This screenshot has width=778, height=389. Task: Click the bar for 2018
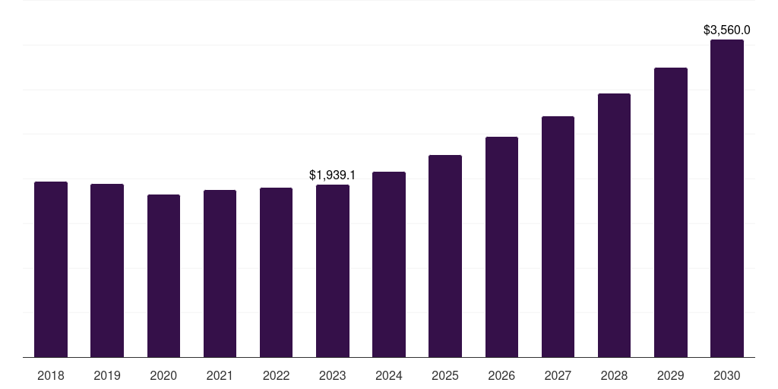pyautogui.click(x=51, y=270)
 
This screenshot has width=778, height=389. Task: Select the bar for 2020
pyautogui.click(x=163, y=276)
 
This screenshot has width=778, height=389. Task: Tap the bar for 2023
pyautogui.click(x=333, y=271)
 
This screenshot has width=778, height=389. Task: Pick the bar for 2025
pyautogui.click(x=445, y=256)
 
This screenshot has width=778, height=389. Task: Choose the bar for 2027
pyautogui.click(x=558, y=237)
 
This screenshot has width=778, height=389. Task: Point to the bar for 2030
pyautogui.click(x=727, y=198)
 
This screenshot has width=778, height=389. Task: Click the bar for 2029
pyautogui.click(x=671, y=213)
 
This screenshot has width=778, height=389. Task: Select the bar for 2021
pyautogui.click(x=220, y=274)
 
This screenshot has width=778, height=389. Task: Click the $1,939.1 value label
pyautogui.click(x=332, y=175)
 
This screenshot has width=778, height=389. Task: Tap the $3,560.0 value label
pyautogui.click(x=727, y=30)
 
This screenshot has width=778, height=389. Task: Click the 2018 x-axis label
pyautogui.click(x=51, y=375)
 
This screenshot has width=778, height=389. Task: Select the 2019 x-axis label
pyautogui.click(x=107, y=375)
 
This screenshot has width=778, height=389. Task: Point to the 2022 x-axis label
pyautogui.click(x=276, y=375)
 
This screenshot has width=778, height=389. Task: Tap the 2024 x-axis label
pyautogui.click(x=389, y=375)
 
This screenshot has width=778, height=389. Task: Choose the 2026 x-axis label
pyautogui.click(x=501, y=375)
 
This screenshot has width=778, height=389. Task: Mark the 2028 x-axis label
pyautogui.click(x=614, y=375)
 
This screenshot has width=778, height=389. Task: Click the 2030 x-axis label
pyautogui.click(x=727, y=375)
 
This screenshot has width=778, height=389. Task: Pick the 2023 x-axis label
pyautogui.click(x=333, y=375)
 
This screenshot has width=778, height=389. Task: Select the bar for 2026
pyautogui.click(x=501, y=247)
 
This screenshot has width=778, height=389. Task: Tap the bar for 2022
pyautogui.click(x=276, y=273)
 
